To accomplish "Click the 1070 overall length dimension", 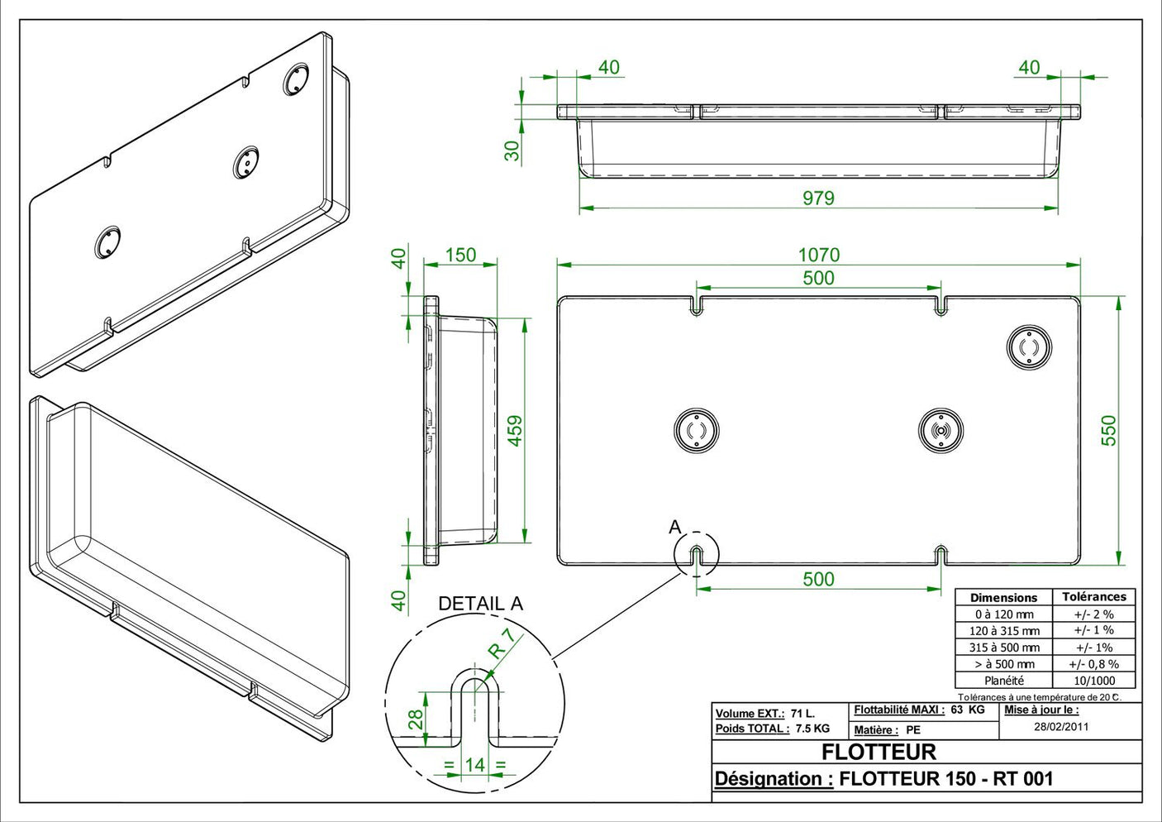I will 818,255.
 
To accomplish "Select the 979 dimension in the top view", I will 818,198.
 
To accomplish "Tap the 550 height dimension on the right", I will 1108,430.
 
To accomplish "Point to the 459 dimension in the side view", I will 515,430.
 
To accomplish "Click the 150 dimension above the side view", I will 460,255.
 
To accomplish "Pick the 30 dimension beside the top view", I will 512,151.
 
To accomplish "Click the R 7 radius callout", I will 501,643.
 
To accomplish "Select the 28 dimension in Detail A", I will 416,718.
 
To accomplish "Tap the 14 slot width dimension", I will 474,765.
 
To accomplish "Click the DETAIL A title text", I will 480,604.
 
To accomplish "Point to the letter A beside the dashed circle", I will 675,527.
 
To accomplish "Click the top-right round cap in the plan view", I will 1029,347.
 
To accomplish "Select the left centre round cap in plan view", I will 696,431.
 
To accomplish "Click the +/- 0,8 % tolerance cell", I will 1093,664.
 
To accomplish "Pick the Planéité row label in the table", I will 1003,681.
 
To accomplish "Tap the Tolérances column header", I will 1093,597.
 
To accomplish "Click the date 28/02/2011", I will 1061,727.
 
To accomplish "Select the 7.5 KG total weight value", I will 812,729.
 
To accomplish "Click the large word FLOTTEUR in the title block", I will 879,752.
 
